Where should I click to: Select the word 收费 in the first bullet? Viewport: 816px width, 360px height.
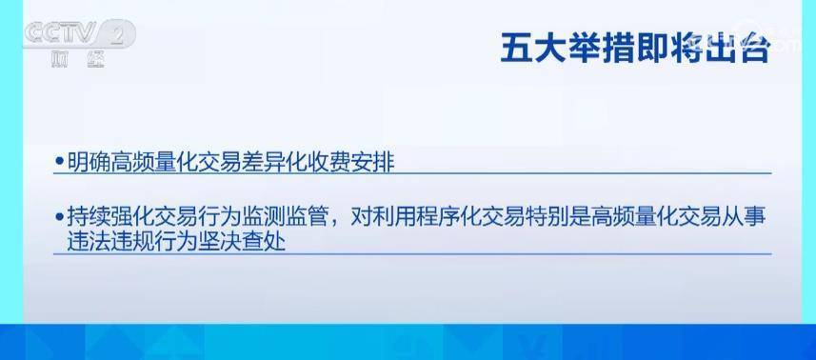point(328,163)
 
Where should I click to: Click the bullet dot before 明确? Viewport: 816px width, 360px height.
point(60,164)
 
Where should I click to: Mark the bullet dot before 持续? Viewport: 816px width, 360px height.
point(60,218)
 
